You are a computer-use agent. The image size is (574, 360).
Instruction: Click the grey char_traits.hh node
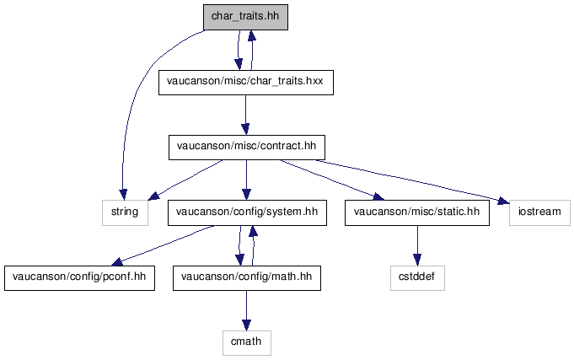pos(245,17)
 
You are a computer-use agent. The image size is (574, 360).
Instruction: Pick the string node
pos(126,212)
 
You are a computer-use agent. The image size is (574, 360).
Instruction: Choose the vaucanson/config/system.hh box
pos(247,212)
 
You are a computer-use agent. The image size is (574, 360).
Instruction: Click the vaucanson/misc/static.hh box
pos(417,212)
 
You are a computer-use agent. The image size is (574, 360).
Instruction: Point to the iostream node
pos(539,212)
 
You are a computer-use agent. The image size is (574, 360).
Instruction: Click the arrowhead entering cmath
pos(246,325)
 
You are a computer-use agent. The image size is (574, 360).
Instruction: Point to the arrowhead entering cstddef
pos(417,260)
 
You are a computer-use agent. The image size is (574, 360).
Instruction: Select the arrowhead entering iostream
pos(503,201)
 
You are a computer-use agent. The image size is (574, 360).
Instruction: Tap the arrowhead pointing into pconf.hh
pos(117,261)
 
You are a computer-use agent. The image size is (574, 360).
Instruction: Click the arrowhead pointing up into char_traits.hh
pos(251,36)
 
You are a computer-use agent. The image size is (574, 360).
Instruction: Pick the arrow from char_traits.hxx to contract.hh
pos(245,115)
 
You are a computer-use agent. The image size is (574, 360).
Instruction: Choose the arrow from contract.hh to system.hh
pos(246,180)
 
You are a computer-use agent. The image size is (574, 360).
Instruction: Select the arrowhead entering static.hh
pos(378,198)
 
